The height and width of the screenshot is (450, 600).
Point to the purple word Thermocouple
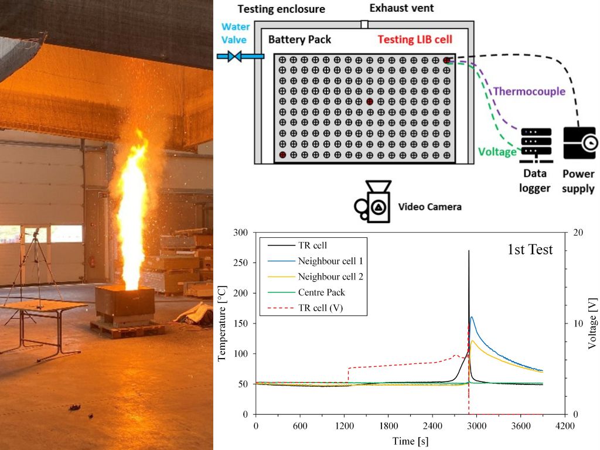tap(529, 91)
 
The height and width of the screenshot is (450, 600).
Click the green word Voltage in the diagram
tap(497, 152)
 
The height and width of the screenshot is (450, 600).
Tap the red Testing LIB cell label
tap(414, 40)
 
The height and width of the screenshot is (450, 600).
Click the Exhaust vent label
tap(401, 9)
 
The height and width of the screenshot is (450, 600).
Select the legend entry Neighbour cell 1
tap(332, 261)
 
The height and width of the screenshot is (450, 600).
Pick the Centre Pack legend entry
tap(322, 292)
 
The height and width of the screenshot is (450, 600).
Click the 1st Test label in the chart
tap(530, 250)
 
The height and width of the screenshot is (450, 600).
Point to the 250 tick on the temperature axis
tap(241, 262)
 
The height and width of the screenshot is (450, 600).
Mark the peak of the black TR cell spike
tap(469, 251)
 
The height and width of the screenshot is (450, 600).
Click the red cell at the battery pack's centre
tap(369, 102)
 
